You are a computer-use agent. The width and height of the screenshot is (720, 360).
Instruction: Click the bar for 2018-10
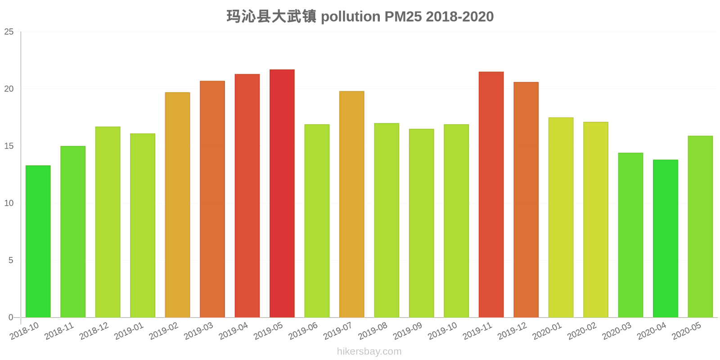click(38, 241)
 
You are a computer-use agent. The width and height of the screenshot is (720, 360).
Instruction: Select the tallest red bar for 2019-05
click(282, 193)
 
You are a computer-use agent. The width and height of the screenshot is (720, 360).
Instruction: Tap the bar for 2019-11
click(491, 194)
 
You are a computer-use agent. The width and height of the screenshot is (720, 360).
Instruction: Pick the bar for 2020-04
click(665, 238)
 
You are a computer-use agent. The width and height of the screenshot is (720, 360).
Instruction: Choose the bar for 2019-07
click(352, 204)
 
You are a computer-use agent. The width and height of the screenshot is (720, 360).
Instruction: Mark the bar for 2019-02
click(177, 205)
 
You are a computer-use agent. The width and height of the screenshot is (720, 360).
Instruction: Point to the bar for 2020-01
click(561, 217)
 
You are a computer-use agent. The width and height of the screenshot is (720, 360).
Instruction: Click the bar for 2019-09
click(421, 223)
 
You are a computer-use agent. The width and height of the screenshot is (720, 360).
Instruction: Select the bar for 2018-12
click(108, 222)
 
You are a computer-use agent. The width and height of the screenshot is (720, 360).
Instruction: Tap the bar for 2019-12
click(526, 200)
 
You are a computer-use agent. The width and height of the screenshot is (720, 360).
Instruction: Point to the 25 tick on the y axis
click(9, 32)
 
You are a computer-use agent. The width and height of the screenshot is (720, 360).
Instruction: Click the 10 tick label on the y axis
click(9, 203)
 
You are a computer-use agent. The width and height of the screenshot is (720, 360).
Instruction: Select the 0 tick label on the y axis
click(11, 318)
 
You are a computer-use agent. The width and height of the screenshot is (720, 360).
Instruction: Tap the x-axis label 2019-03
click(198, 331)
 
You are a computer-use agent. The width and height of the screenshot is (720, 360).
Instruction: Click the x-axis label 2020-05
click(686, 331)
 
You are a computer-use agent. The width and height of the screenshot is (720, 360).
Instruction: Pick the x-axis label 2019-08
click(373, 331)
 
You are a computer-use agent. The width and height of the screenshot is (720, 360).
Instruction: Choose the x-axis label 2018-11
click(59, 331)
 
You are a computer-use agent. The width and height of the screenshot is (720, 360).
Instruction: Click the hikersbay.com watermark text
click(369, 351)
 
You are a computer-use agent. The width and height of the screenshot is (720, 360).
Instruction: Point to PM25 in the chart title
click(403, 17)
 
